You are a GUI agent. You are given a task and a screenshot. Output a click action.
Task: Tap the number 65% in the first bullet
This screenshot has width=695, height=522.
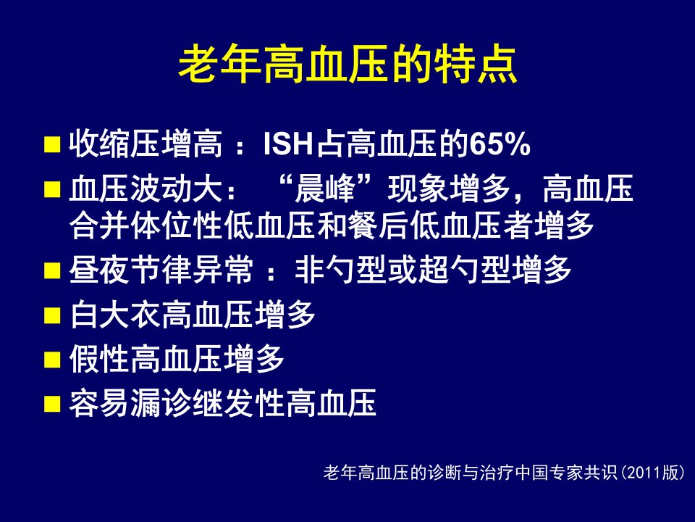pyautogui.click(x=500, y=144)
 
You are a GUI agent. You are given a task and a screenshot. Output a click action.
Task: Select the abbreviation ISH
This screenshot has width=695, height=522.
pyautogui.click(x=289, y=144)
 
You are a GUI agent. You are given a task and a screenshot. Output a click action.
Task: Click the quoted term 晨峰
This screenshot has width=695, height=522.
pyautogui.click(x=325, y=188)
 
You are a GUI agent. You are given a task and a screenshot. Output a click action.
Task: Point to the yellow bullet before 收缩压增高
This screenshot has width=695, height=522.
pyautogui.click(x=52, y=145)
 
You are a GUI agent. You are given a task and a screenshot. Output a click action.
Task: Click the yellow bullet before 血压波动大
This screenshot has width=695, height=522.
pyautogui.click(x=52, y=189)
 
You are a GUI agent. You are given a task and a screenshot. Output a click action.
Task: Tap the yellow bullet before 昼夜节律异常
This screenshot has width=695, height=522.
pyautogui.click(x=52, y=270)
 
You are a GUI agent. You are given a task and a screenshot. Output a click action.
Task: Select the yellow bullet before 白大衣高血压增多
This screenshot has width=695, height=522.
pyautogui.click(x=52, y=315)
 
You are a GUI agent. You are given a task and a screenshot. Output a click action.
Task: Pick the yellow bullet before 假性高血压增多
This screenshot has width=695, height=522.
pyautogui.click(x=52, y=360)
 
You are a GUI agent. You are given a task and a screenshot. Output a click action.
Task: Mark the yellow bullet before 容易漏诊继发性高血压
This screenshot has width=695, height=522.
pyautogui.click(x=52, y=405)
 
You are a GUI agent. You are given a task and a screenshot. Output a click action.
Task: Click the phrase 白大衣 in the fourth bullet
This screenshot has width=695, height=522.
pyautogui.click(x=115, y=314)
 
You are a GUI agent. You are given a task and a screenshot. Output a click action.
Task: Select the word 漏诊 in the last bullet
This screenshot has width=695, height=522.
pyautogui.click(x=177, y=403)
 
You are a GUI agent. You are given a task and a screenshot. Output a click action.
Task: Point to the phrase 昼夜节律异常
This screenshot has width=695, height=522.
pyautogui.click(x=161, y=270)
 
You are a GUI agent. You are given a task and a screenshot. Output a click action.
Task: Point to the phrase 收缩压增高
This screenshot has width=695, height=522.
pyautogui.click(x=146, y=144)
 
